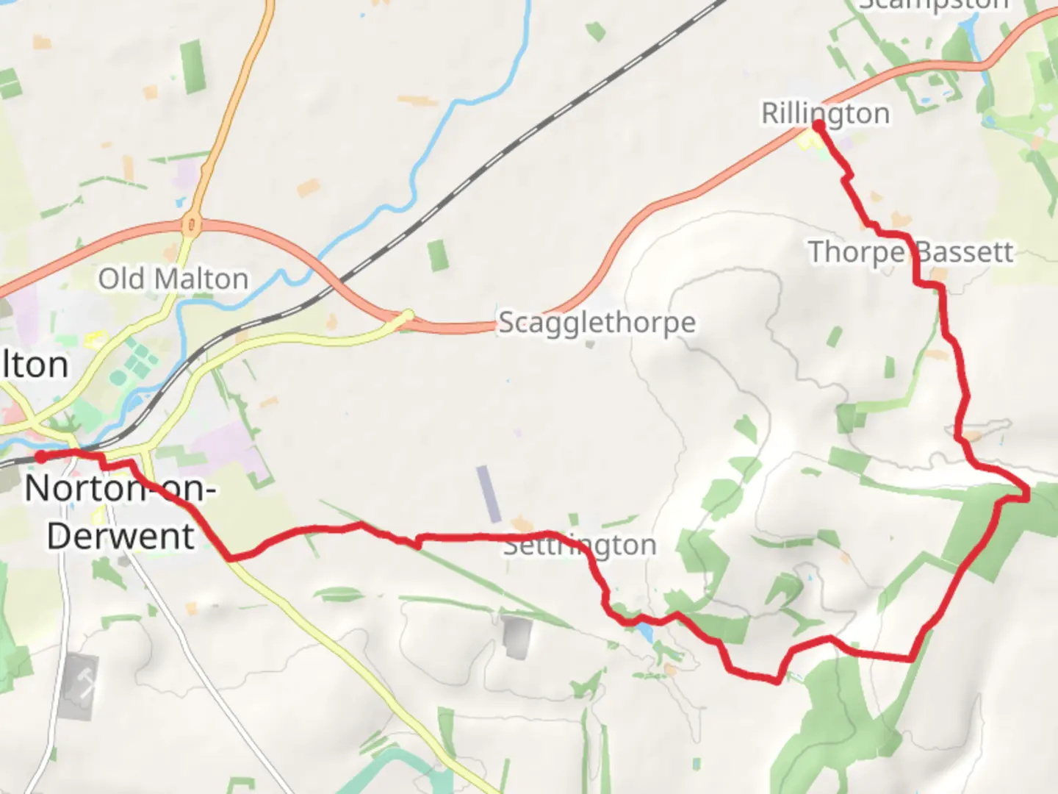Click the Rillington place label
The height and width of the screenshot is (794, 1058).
coord(825,114)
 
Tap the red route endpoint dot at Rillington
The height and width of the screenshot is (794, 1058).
coord(819,126)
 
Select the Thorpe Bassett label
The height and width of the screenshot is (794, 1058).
coord(910,252)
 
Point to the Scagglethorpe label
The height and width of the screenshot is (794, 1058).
coord(597,323)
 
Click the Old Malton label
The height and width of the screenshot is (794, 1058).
coord(173,279)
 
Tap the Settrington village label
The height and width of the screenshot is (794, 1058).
coord(580,546)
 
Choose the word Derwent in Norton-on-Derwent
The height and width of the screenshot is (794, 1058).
coord(121,536)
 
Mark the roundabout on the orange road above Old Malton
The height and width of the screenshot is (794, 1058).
coord(190,224)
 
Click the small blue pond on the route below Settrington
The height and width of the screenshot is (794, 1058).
coord(645,632)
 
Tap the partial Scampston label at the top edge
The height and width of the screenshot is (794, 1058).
coord(933,4)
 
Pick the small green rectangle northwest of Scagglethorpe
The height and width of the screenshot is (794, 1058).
coord(438,255)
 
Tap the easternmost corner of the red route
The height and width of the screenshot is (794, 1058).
coord(1027,497)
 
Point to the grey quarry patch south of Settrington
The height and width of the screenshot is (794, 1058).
coord(517,636)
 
